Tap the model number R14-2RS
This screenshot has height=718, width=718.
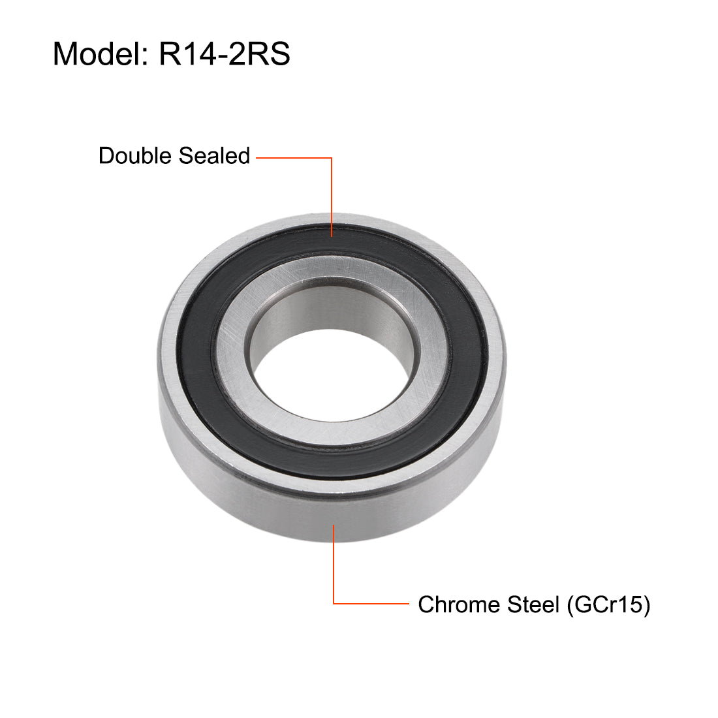pos(224,54)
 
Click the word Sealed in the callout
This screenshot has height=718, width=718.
pos(214,156)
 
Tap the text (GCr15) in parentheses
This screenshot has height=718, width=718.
pos(608,604)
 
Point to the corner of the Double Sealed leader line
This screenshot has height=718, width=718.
pos(332,157)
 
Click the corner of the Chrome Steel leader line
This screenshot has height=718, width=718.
pos(334,603)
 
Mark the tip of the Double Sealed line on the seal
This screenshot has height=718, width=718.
pos(332,236)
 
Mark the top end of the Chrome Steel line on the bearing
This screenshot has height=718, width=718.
pos(334,524)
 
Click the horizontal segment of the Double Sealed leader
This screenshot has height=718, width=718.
pos(294,157)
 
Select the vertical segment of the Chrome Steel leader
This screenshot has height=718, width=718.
pos(334,564)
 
